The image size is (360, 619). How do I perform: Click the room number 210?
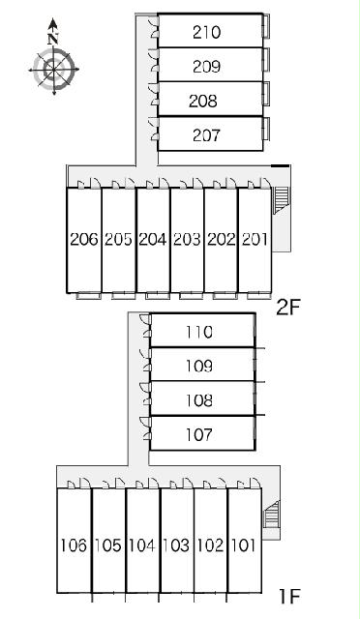tap(206, 32)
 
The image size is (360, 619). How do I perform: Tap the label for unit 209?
tap(206, 67)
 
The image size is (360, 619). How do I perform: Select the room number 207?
tap(206, 135)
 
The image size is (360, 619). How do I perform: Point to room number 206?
tap(84, 239)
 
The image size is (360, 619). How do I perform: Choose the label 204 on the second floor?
tap(153, 239)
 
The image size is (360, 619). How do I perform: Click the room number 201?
tap(255, 239)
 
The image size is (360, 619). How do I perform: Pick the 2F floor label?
tap(288, 308)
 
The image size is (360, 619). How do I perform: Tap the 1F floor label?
tap(289, 596)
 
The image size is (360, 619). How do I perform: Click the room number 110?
tap(199, 332)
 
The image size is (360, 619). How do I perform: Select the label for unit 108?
tap(199, 400)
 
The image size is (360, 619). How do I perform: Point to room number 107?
tap(199, 435)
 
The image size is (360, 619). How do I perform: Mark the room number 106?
tap(74, 545)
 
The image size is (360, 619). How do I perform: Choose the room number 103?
tap(176, 545)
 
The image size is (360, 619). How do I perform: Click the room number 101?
tap(244, 545)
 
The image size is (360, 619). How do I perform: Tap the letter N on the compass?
tap(53, 39)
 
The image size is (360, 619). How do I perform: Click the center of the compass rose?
tap(54, 70)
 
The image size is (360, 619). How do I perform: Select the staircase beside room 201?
tap(281, 200)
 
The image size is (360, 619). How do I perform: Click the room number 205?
tap(118, 239)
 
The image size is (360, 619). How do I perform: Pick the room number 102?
tap(210, 545)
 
